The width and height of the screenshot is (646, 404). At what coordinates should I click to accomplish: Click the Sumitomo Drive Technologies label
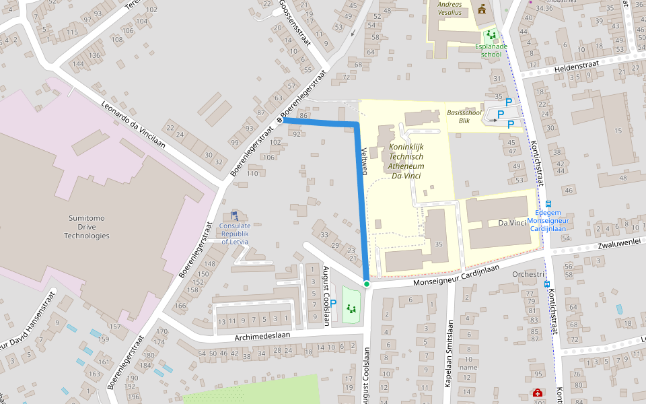tap(87, 227)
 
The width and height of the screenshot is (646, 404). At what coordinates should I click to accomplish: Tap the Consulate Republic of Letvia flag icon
tap(234, 215)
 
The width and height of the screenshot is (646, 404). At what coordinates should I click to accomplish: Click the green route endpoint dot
tap(367, 284)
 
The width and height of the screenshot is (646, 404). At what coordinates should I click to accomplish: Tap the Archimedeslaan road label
tap(262, 335)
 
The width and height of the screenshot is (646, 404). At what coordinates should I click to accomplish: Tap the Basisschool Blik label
tap(464, 116)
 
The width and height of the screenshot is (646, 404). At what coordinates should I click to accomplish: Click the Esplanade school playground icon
tap(492, 35)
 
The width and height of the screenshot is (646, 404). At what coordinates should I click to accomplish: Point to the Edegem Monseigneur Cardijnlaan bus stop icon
tap(548, 204)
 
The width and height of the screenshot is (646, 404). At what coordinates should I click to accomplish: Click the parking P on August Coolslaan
tap(332, 304)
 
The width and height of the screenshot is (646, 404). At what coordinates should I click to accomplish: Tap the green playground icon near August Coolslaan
tap(351, 308)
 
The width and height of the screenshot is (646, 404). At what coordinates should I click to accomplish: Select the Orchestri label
tap(528, 274)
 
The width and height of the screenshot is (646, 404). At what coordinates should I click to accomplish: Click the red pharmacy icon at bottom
tap(538, 393)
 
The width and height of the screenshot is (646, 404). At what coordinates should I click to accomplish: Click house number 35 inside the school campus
tap(439, 244)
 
